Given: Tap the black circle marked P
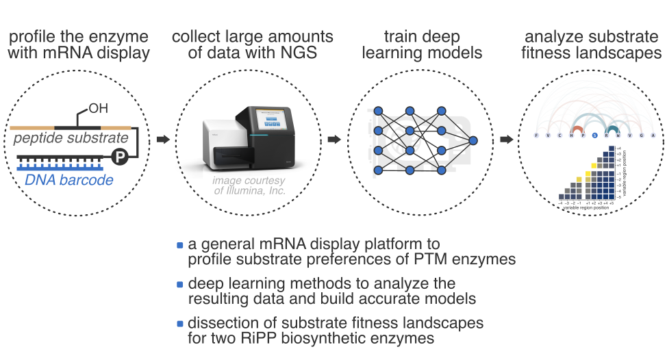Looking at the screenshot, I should coord(118,157).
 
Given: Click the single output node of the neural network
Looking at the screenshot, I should coord(472,140).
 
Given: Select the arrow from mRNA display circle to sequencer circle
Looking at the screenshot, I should coord(163,140).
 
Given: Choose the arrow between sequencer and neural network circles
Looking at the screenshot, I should coord(334,140).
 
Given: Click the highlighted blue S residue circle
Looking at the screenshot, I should coord(595,136).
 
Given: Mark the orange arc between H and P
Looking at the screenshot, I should coord(577,129).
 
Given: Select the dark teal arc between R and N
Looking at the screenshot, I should coord(612,129).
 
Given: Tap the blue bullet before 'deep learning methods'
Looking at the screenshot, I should coord(180,284).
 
